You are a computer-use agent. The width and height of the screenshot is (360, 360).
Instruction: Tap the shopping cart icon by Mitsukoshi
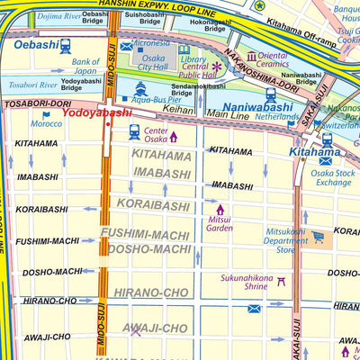319,237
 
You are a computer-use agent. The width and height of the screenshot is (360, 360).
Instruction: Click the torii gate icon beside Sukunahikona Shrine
281,281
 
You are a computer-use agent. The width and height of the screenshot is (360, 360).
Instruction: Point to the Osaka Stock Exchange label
333,176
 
